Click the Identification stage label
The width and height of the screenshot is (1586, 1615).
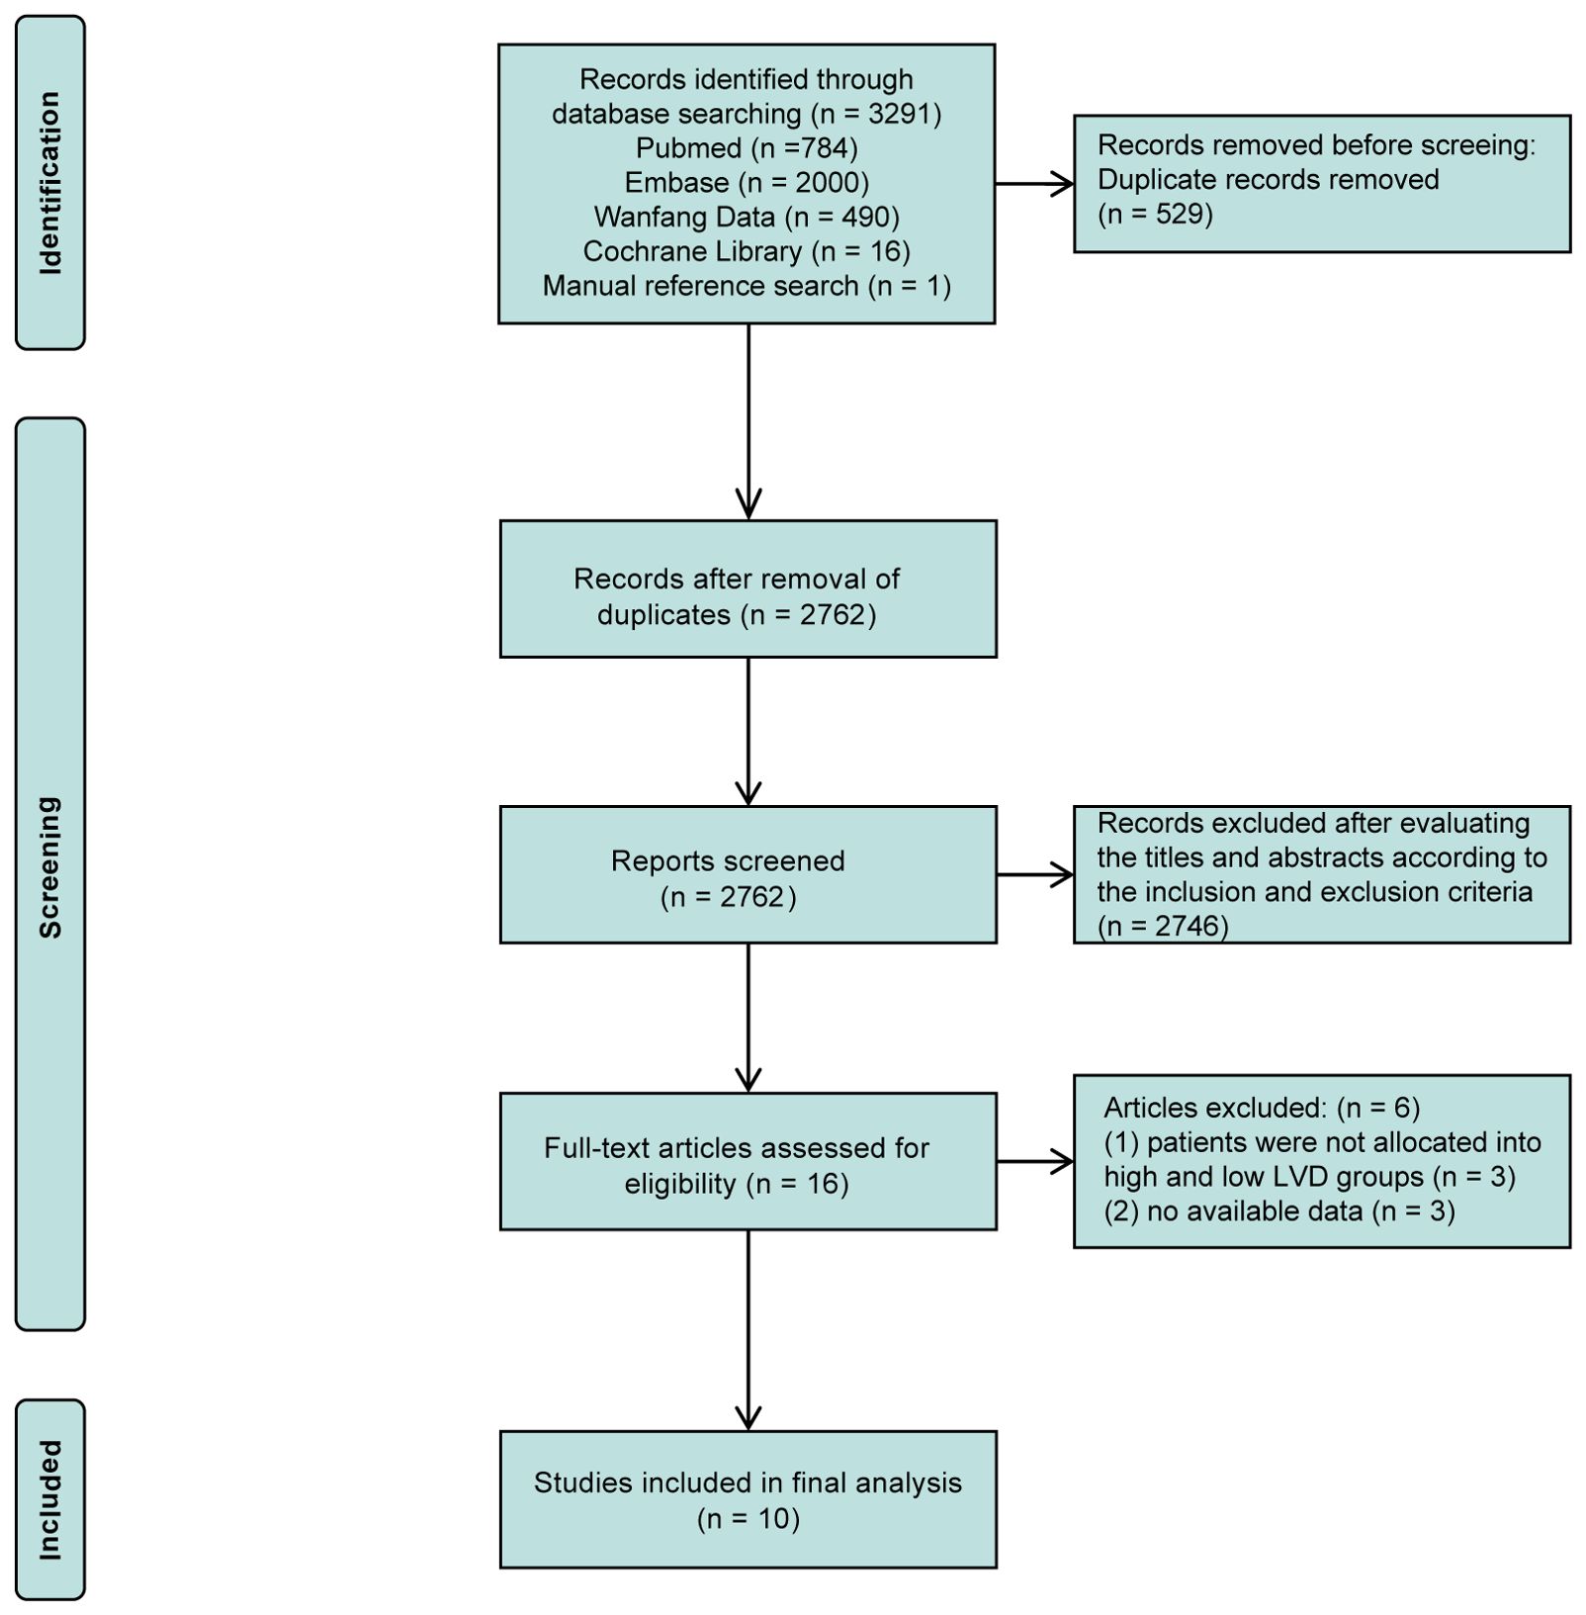(x=49, y=183)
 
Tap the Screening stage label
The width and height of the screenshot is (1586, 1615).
(x=49, y=867)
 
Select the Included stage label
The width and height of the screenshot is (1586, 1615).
(x=49, y=1500)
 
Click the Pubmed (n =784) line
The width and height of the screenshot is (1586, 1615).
(x=747, y=148)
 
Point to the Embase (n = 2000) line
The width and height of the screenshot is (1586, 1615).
(x=747, y=183)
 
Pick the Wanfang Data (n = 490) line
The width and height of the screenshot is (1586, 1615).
(x=747, y=217)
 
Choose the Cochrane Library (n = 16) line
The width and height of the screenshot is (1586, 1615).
(x=747, y=251)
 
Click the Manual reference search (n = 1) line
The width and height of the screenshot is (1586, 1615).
(x=747, y=286)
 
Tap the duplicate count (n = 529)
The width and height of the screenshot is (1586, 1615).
(x=1155, y=214)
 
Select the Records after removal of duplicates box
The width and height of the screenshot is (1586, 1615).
(x=748, y=588)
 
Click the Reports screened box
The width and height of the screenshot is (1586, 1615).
(x=748, y=874)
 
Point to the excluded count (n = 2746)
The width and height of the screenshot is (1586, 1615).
(x=1163, y=926)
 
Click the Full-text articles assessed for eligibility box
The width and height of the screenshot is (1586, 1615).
(x=748, y=1161)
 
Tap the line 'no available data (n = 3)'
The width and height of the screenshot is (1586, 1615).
(x=1279, y=1211)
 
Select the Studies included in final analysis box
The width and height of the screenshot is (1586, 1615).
(x=748, y=1499)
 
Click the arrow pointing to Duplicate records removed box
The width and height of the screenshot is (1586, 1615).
(x=1034, y=183)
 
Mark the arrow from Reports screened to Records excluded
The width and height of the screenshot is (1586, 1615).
(x=1035, y=874)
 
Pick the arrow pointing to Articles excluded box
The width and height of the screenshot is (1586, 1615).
(x=1035, y=1161)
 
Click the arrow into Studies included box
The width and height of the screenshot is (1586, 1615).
(x=749, y=1330)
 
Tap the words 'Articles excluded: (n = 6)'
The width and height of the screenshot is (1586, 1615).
(x=1262, y=1108)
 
